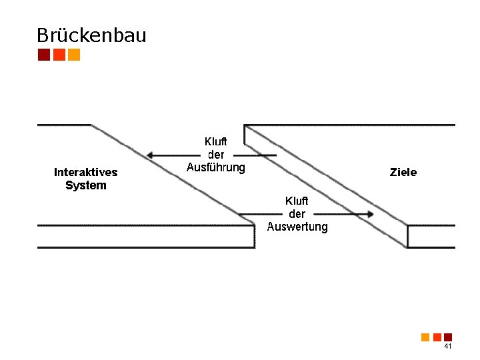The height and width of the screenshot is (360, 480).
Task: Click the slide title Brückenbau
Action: (x=91, y=35)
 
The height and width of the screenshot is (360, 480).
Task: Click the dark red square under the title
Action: (x=44, y=55)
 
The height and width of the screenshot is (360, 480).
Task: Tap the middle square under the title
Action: (x=59, y=55)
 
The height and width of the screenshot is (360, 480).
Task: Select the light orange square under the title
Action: (x=74, y=55)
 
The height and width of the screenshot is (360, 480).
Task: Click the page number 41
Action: (x=447, y=347)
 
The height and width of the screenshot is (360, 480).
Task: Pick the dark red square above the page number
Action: (x=448, y=337)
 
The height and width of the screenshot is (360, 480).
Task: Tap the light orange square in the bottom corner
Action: (x=425, y=337)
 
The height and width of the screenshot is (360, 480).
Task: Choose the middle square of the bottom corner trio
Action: (x=437, y=337)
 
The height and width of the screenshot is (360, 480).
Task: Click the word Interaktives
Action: (x=85, y=172)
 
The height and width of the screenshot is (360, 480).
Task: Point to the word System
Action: (x=85, y=185)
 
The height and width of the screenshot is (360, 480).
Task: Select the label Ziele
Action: (x=403, y=172)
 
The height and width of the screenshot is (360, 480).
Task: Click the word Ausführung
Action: (x=215, y=167)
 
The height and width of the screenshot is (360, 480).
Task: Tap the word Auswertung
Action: (x=297, y=227)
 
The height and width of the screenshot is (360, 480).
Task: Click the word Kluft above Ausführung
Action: (x=215, y=141)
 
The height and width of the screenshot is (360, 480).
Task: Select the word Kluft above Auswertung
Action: (x=297, y=201)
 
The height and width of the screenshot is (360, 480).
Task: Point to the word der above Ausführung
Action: (x=215, y=155)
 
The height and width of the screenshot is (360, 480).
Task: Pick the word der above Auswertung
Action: (x=297, y=214)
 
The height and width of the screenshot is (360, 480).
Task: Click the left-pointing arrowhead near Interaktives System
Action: (x=153, y=155)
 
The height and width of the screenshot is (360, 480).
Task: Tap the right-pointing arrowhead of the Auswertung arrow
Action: (x=369, y=215)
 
